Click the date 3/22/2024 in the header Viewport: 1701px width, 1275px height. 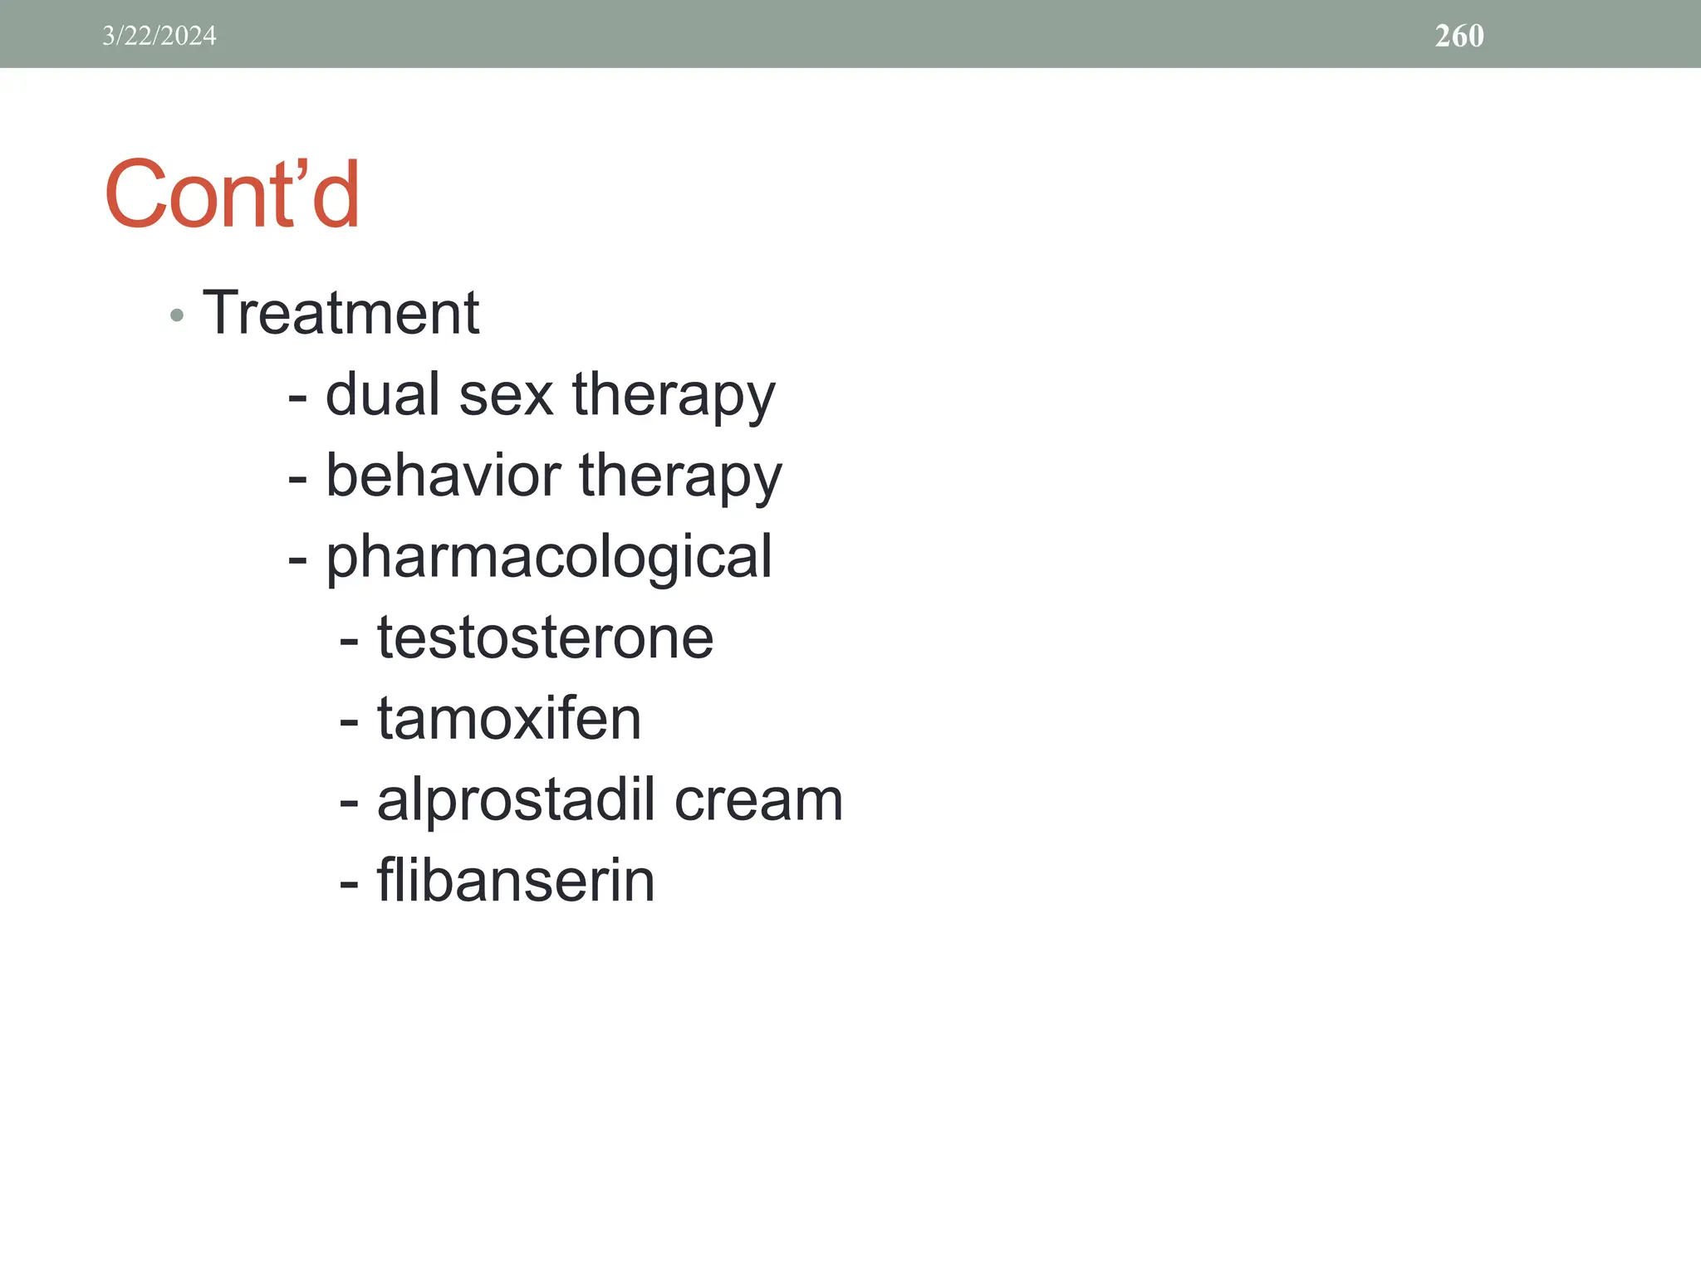pos(159,36)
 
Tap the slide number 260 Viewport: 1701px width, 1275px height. pos(1458,36)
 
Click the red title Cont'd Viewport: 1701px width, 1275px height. pos(233,194)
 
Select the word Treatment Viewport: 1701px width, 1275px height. pos(341,313)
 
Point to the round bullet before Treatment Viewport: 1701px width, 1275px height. pos(176,315)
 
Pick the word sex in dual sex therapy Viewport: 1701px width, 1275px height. pos(506,395)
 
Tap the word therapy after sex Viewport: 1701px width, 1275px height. pos(674,397)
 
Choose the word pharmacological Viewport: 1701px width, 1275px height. pos(549,558)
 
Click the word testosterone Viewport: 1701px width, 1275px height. pos(545,637)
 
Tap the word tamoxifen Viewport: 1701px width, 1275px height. pos(509,718)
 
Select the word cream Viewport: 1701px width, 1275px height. pos(758,800)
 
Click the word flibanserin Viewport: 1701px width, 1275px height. pos(516,880)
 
